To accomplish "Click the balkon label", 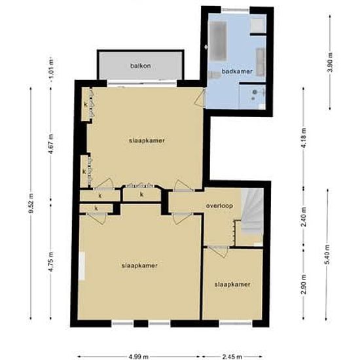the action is [x=141, y=66].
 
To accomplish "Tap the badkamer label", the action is [x=237, y=71].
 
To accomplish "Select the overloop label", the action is [x=219, y=206].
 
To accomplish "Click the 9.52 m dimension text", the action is [x=31, y=204].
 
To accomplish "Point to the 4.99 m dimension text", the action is [x=137, y=357].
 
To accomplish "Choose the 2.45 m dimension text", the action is [x=232, y=357].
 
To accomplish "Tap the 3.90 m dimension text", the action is [x=330, y=62].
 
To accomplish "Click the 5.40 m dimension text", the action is [x=327, y=255].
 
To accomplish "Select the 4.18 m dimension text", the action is [x=304, y=138].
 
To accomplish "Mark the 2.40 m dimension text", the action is [x=304, y=217].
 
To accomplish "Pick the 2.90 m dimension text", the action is [x=304, y=284].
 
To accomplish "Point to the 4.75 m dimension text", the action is [x=51, y=262].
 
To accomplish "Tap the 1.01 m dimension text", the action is [x=51, y=68].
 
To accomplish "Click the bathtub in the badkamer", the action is [x=218, y=41].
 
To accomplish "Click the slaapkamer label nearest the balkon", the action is [x=147, y=141].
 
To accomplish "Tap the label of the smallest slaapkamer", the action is [x=232, y=285].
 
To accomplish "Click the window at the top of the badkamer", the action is [x=236, y=10].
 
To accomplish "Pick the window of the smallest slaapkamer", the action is [x=236, y=323].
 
